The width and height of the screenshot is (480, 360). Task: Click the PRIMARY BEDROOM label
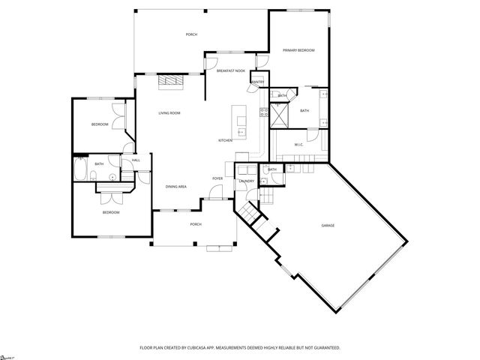[x=298, y=50]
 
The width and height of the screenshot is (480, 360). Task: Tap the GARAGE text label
[x=328, y=226]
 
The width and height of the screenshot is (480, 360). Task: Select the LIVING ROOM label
[x=169, y=113]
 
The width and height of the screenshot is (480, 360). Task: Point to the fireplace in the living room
[x=169, y=80]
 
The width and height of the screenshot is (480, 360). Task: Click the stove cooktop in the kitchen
[x=264, y=113]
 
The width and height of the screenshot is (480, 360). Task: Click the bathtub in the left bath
[x=81, y=171]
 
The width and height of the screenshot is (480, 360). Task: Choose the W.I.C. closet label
[x=298, y=145]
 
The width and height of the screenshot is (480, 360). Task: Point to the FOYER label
[x=217, y=178]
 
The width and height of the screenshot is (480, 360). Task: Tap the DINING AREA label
[x=176, y=187]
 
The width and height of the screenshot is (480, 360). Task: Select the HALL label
[x=136, y=160]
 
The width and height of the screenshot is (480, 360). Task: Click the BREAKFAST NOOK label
[x=230, y=70]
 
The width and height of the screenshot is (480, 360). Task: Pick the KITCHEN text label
[x=225, y=141]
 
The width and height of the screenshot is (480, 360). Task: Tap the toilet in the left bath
[x=112, y=177]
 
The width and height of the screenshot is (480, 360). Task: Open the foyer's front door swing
[x=214, y=193]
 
